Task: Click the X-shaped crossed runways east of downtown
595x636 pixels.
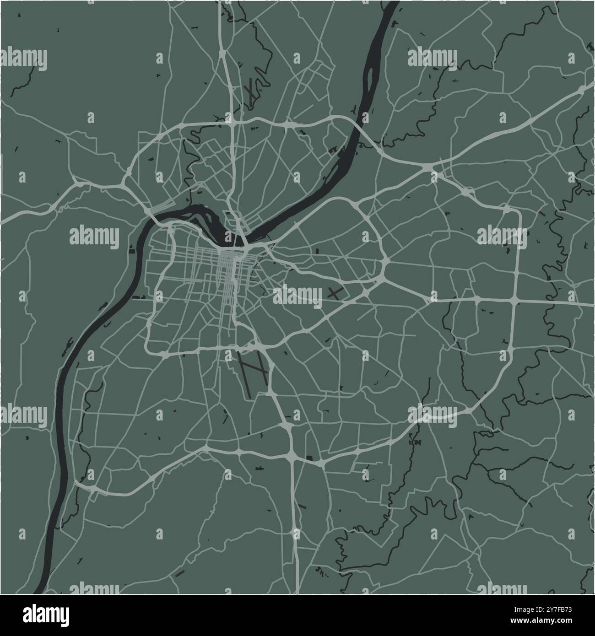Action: (335, 293)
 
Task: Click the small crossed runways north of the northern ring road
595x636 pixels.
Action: (251, 92)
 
